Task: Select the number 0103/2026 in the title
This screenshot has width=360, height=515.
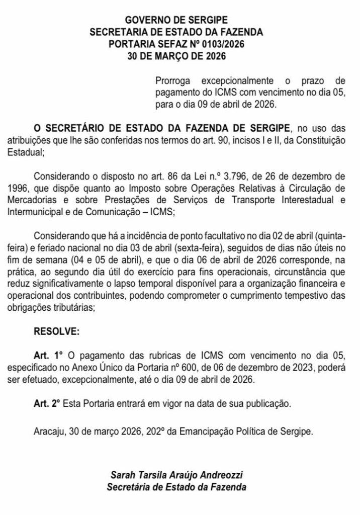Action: click(x=221, y=44)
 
